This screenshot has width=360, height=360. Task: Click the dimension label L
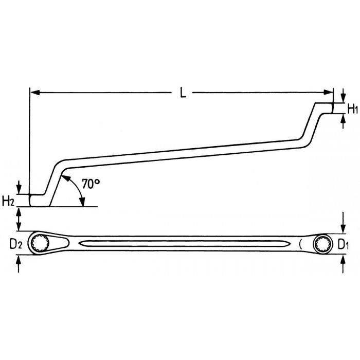click(183, 93)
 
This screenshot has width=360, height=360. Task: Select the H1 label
click(352, 109)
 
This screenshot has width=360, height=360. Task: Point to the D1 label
click(343, 245)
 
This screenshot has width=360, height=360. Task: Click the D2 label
click(16, 244)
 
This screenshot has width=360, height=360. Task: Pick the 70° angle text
click(91, 184)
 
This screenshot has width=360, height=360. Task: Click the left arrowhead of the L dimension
click(35, 93)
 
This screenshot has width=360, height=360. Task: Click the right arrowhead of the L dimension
click(328, 93)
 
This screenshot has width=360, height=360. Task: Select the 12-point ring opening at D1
click(323, 244)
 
